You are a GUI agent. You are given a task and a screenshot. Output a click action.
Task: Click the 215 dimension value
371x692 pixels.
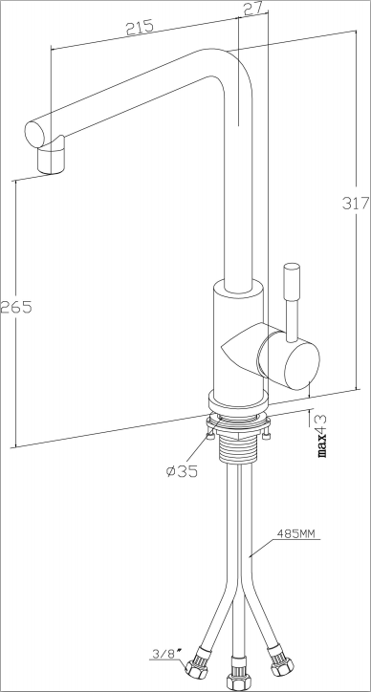pyautogui.click(x=140, y=27)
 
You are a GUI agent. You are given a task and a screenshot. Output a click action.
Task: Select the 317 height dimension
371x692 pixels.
pyautogui.click(x=356, y=203)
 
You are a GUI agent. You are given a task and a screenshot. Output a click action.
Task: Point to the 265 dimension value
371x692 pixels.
pyautogui.click(x=16, y=306)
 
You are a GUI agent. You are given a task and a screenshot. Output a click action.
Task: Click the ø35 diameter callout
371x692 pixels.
pyautogui.click(x=182, y=471)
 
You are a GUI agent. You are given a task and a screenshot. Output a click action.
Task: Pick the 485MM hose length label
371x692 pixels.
pyautogui.click(x=295, y=534)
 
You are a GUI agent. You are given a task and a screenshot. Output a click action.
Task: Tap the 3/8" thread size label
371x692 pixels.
pyautogui.click(x=164, y=653)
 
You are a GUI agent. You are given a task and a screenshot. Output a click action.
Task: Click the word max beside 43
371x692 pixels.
pyautogui.click(x=322, y=445)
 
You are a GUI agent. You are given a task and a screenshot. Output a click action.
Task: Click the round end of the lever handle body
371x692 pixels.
pyautogui.click(x=302, y=367)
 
